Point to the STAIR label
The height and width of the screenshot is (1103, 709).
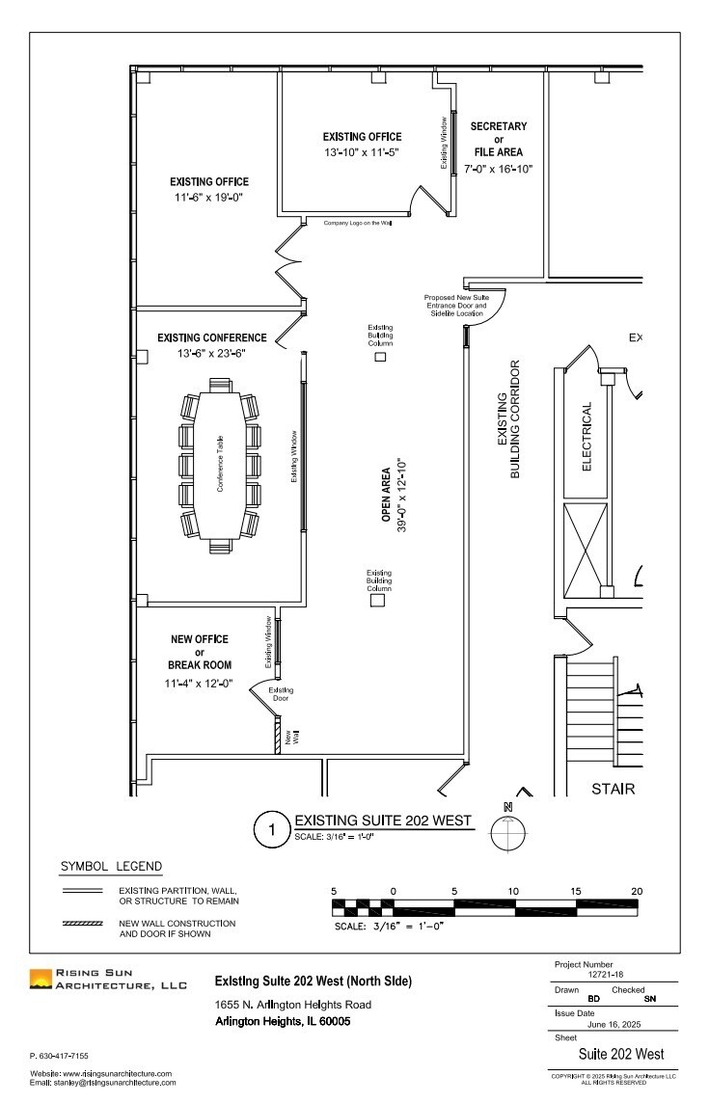pyautogui.click(x=614, y=790)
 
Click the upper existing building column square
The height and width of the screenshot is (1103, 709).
pyautogui.click(x=380, y=357)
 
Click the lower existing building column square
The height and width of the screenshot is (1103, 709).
pyautogui.click(x=378, y=601)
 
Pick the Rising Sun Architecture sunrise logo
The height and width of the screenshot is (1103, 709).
pyautogui.click(x=41, y=980)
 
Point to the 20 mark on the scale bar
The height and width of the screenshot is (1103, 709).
pyautogui.click(x=636, y=890)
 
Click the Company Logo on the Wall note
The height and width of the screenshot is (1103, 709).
pyautogui.click(x=357, y=223)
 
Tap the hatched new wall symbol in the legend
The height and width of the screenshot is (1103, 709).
pyautogui.click(x=83, y=924)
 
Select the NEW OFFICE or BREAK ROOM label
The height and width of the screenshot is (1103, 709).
pyautogui.click(x=200, y=652)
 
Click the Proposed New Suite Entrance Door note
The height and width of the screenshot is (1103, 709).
pyautogui.click(x=457, y=306)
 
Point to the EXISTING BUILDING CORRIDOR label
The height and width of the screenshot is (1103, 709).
pyautogui.click(x=508, y=420)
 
